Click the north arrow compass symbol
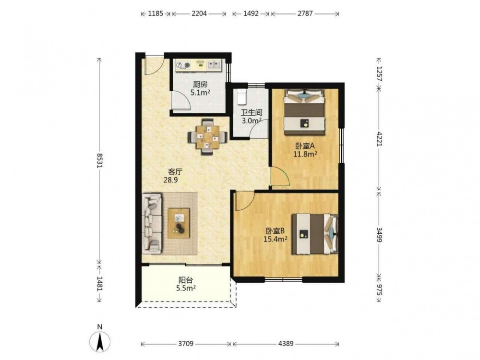click(x=100, y=341)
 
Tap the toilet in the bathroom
click(x=242, y=96)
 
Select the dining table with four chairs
click(x=208, y=137)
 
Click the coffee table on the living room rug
click(x=179, y=223)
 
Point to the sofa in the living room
click(x=152, y=224)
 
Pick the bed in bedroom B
click(x=315, y=234)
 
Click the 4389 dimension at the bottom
click(x=286, y=344)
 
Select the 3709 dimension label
click(x=186, y=344)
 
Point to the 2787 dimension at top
click(x=305, y=13)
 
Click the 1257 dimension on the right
click(x=379, y=73)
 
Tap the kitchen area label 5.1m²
click(x=200, y=93)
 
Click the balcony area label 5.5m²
click(x=186, y=288)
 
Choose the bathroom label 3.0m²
click(x=252, y=120)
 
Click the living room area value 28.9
click(x=170, y=180)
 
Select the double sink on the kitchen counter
click(x=214, y=65)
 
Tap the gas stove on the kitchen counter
click(x=183, y=65)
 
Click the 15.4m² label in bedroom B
click(x=275, y=239)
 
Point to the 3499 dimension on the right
click(x=379, y=234)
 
